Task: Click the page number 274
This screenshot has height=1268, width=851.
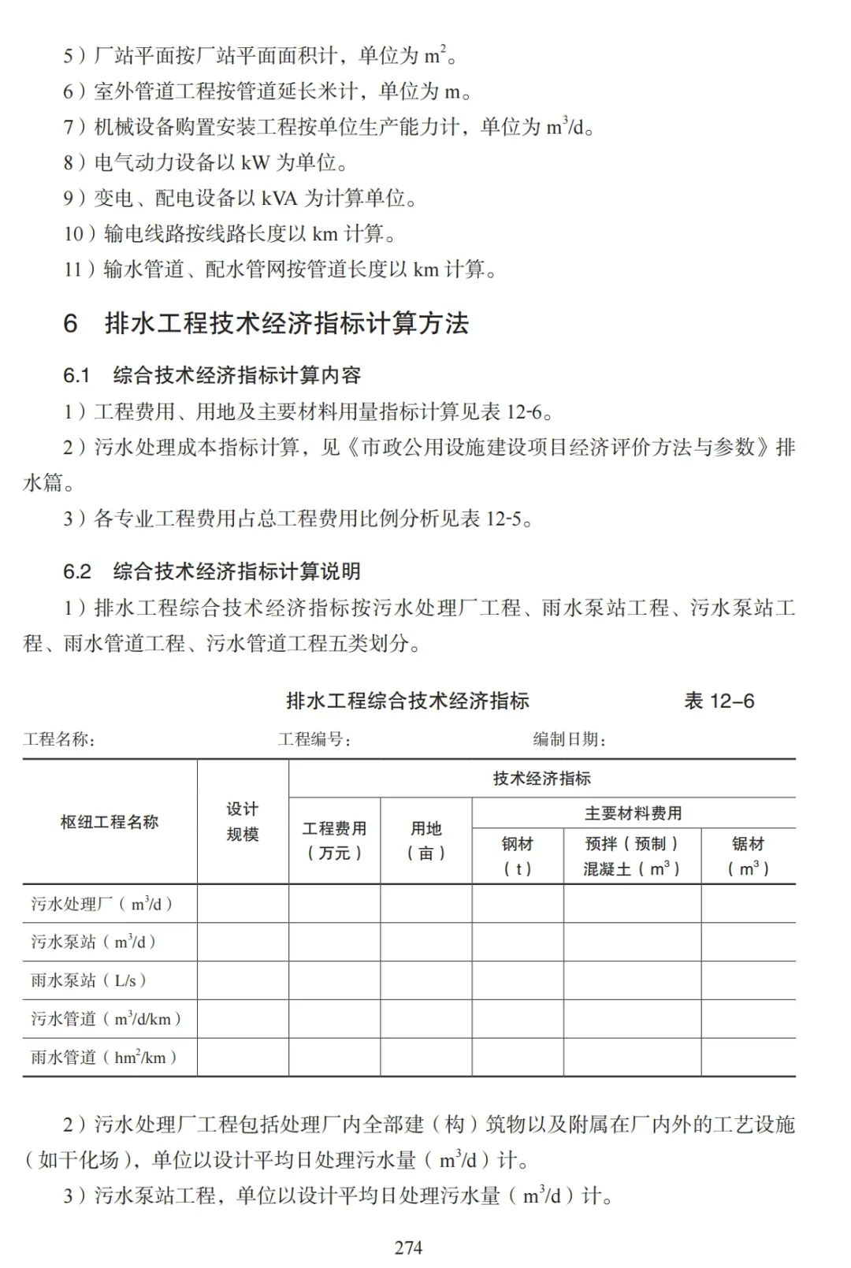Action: [x=408, y=1247]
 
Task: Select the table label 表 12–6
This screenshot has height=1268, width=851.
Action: [x=719, y=701]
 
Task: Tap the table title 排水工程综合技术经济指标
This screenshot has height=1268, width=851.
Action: [x=407, y=701]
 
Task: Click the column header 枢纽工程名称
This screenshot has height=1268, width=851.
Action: [x=110, y=822]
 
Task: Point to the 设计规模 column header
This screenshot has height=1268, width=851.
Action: [x=243, y=821]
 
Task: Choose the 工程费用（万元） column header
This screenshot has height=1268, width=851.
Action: [x=335, y=840]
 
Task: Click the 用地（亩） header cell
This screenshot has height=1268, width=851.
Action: [x=426, y=840]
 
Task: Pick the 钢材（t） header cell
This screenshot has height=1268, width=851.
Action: [x=518, y=856]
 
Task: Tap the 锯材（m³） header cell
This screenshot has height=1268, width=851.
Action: [x=748, y=856]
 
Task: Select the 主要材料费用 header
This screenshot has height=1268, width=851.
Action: [x=634, y=813]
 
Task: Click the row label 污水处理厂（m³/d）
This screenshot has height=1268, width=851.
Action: [x=102, y=904]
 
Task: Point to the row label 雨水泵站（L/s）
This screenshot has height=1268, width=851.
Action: [x=89, y=980]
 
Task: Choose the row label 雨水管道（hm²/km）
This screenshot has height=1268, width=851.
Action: [x=104, y=1057]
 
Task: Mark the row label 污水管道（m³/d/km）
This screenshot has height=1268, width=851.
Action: [x=106, y=1018]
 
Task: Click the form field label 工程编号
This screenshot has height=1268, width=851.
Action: [x=314, y=739]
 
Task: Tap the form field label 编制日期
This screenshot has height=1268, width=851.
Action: [x=570, y=739]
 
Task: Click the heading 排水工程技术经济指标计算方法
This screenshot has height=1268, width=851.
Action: [x=287, y=323]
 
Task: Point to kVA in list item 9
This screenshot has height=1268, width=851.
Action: [x=279, y=198]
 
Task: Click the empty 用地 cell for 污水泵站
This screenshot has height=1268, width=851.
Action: [x=426, y=942]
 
